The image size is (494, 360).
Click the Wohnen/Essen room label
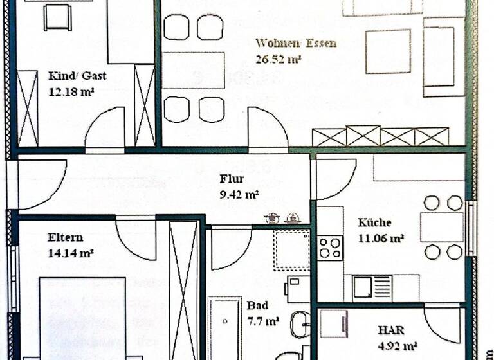[x=296, y=44]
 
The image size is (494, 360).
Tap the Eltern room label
[x=65, y=238]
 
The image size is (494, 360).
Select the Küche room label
[x=374, y=223]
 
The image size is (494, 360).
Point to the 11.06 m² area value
[x=381, y=238]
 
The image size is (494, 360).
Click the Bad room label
[x=257, y=305]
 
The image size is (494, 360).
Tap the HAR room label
[x=391, y=330]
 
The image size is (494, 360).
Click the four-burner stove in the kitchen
[x=331, y=248]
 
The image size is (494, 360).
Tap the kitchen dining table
[x=441, y=227]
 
